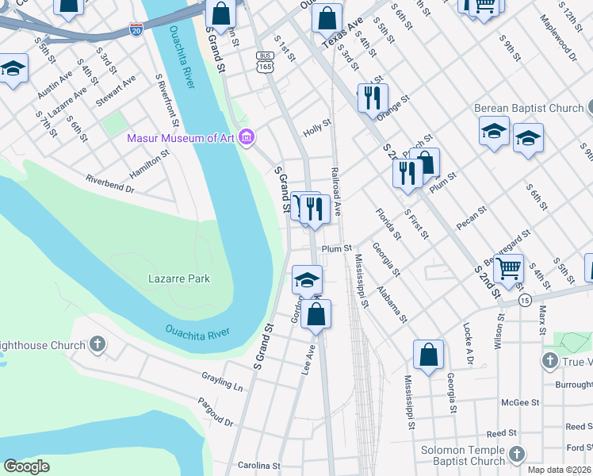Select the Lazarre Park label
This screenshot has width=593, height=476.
179,278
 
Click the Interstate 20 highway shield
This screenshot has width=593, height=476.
136,29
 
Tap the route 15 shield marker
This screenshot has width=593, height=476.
525,300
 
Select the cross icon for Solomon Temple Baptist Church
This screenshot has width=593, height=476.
517,455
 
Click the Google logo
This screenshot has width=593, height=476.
27,466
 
